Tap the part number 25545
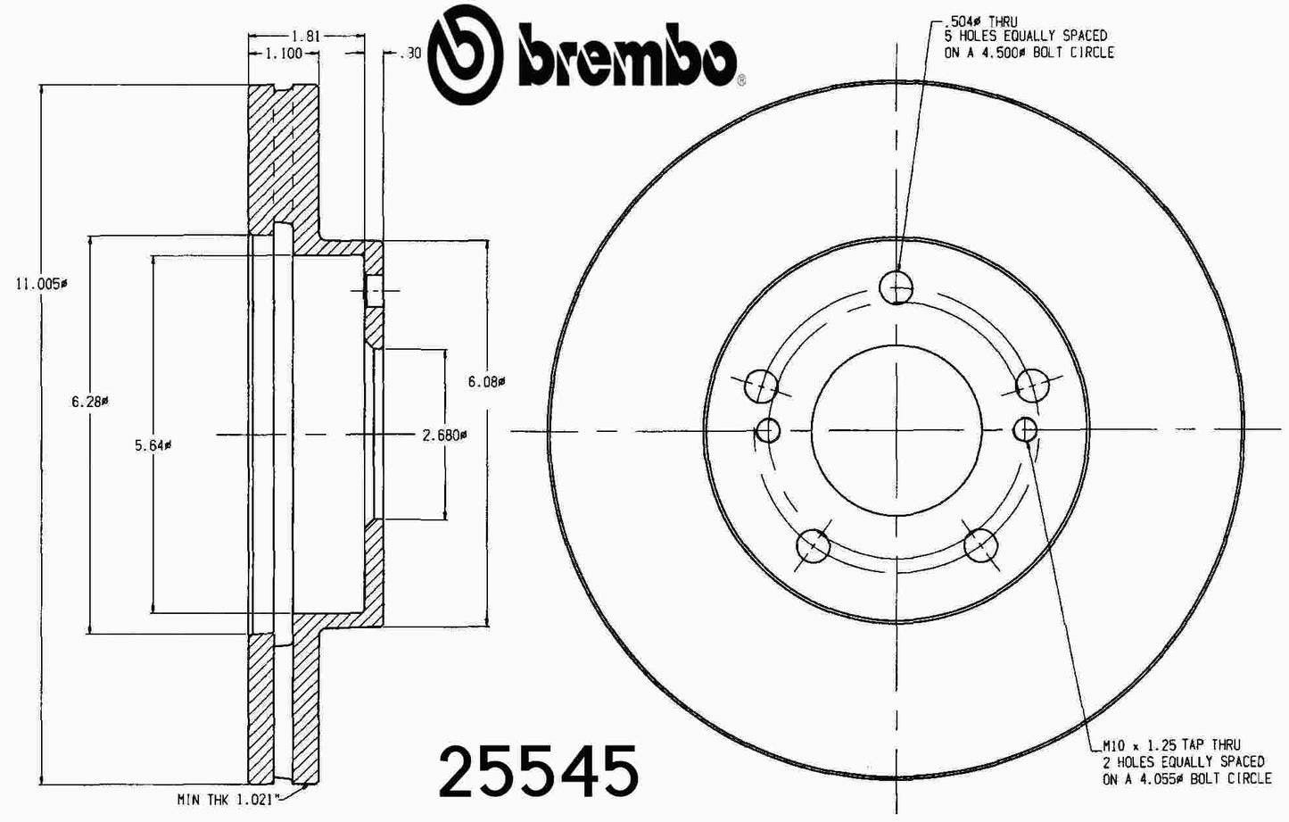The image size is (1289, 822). [x=539, y=770]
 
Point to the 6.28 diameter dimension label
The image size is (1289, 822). [x=89, y=402]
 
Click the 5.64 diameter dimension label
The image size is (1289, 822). [x=153, y=445]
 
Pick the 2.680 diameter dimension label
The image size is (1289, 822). [x=444, y=436]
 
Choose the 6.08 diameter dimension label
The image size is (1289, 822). [x=486, y=381]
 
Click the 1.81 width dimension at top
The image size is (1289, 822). [x=306, y=37]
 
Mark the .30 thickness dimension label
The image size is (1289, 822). [x=410, y=54]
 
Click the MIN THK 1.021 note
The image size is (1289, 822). [x=229, y=799]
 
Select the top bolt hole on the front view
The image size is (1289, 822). [x=896, y=287]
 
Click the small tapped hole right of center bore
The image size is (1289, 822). [x=1025, y=430]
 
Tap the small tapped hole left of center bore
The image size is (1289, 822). [x=767, y=431]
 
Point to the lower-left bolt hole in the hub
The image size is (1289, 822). [x=813, y=544]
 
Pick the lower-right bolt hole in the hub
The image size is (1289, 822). [x=979, y=544]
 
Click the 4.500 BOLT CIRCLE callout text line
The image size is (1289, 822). [x=1029, y=53]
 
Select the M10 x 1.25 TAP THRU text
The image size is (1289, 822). [x=1170, y=745]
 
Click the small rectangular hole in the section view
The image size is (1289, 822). [x=375, y=291]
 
